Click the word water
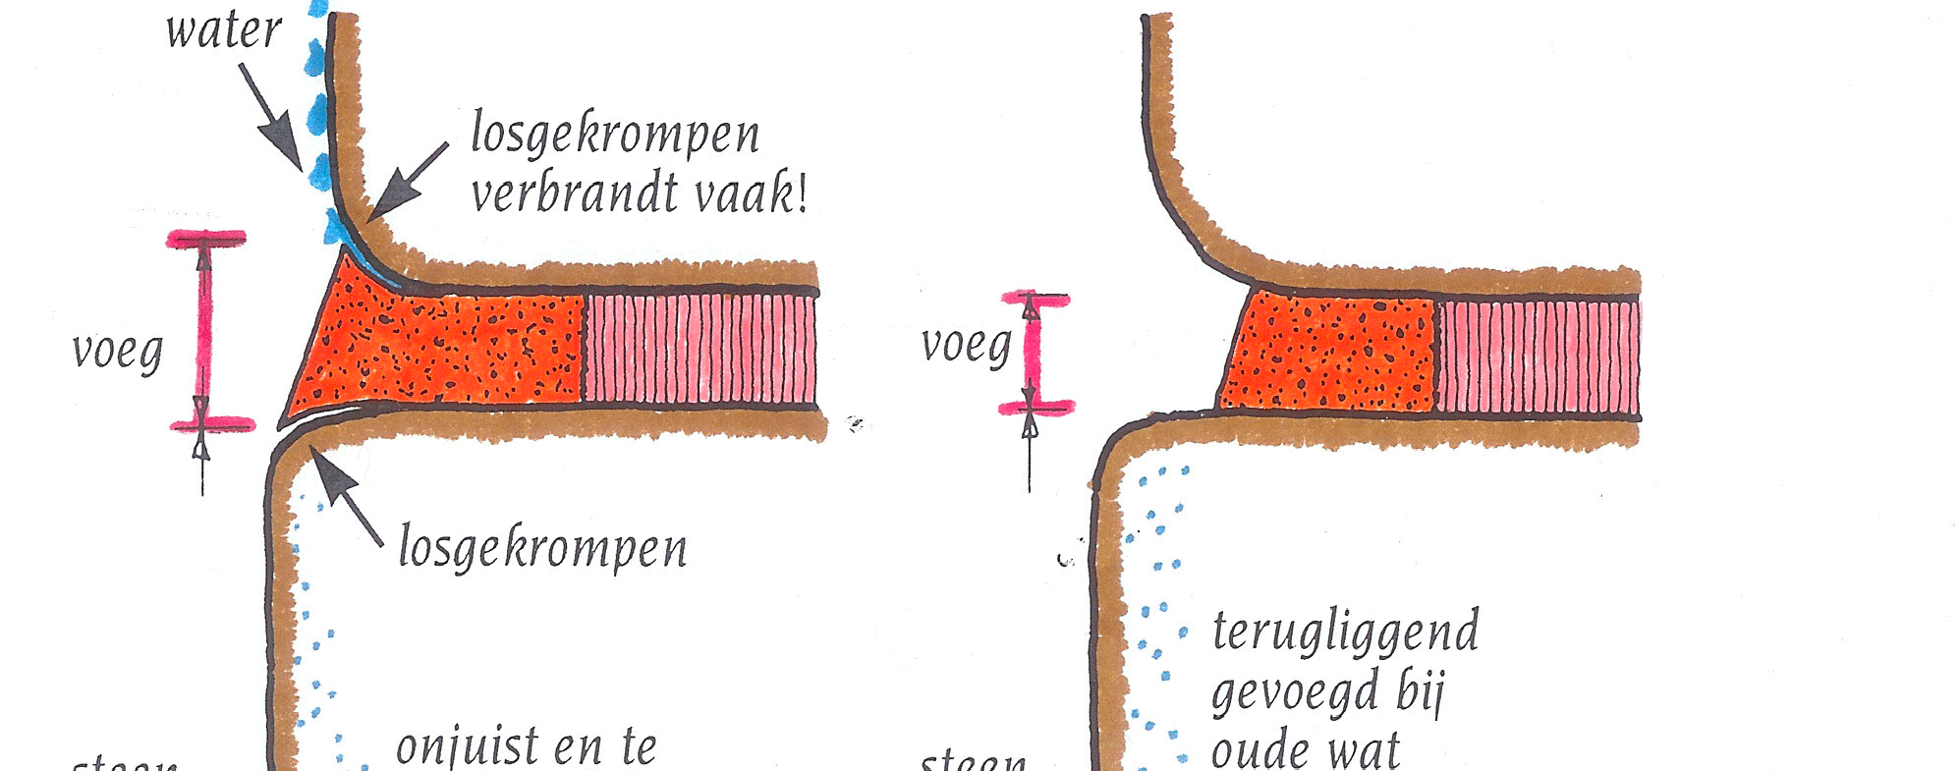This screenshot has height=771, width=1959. coord(224,29)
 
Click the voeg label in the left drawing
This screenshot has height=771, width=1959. coord(117,351)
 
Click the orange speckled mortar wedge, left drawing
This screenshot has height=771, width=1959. coord(442,349)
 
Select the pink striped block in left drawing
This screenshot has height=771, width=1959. coord(700,349)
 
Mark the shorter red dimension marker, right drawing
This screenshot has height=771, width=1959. coord(1031,353)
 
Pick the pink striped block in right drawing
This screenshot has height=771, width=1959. coord(1538,357)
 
